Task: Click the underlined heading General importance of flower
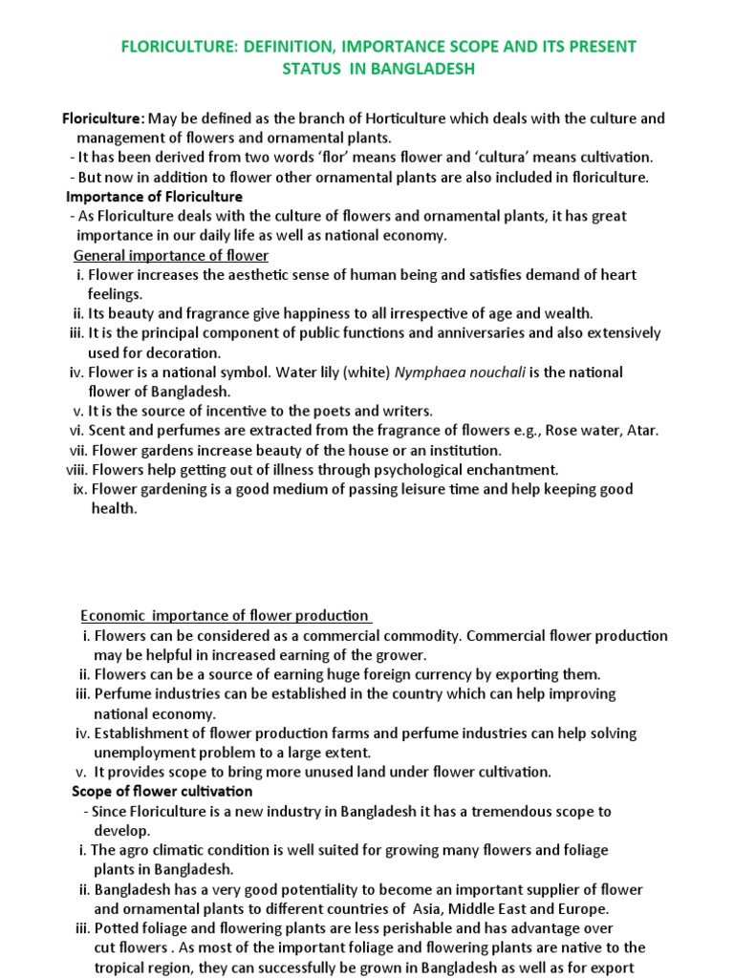coord(171,255)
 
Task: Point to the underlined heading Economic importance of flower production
coord(226,616)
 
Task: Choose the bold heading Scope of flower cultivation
coord(162,791)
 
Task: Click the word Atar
coord(641,431)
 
